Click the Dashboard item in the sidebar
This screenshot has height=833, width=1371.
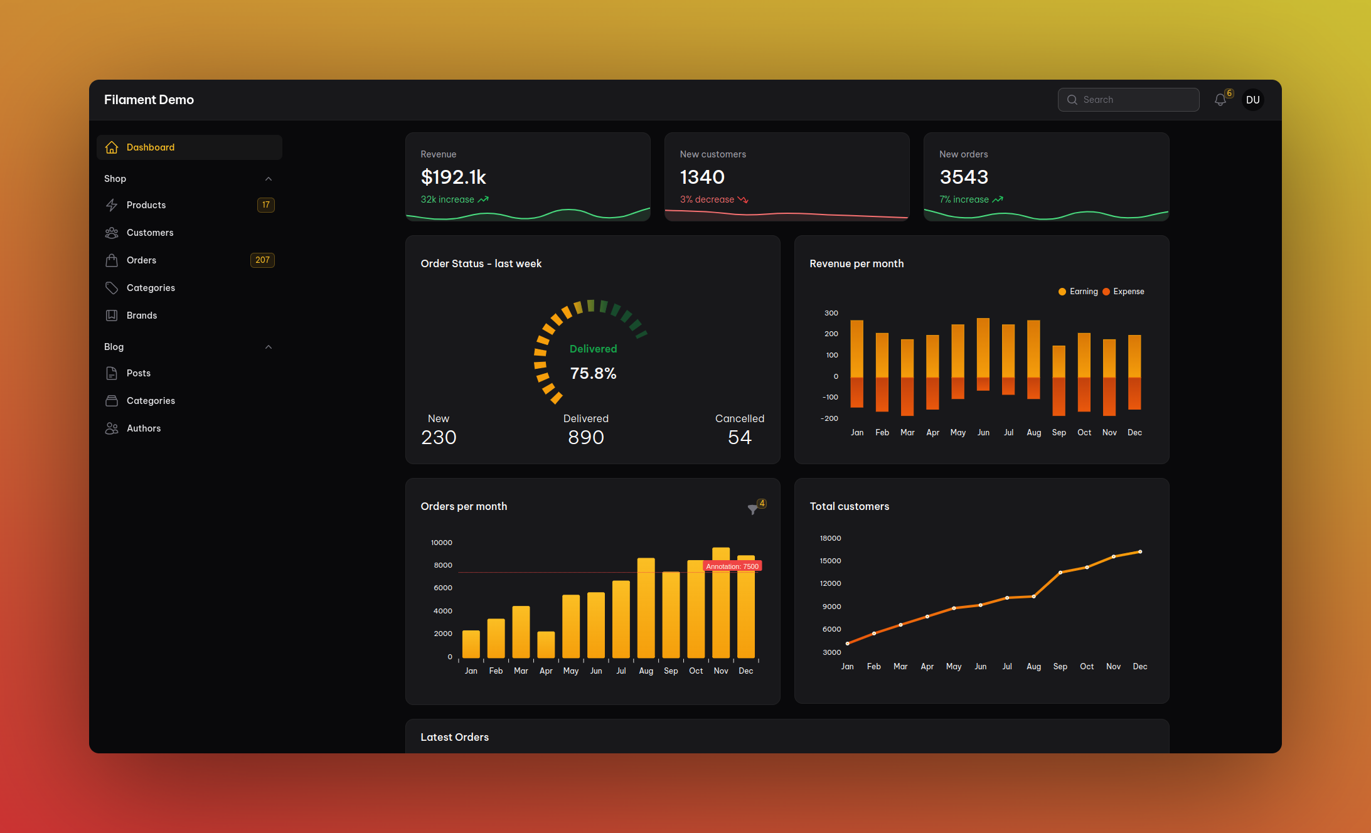tap(151, 147)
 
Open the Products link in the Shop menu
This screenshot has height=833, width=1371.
tap(146, 205)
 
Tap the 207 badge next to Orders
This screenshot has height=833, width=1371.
tap(262, 260)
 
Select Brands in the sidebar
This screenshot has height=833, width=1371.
tap(142, 316)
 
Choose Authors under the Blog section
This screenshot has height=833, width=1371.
tap(144, 428)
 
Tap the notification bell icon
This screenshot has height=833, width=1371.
tap(1220, 100)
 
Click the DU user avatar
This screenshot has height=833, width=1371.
tap(1252, 100)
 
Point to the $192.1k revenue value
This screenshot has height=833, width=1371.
tap(454, 178)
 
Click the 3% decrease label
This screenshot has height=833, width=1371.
tap(707, 199)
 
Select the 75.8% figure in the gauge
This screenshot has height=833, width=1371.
tap(593, 374)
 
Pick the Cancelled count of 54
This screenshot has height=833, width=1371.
tap(739, 437)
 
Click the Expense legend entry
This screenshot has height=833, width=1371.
tap(1128, 292)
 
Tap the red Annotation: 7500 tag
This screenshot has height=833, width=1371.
tap(732, 566)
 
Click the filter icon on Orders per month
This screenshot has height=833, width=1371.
tap(753, 509)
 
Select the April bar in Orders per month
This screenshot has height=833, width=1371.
tap(546, 645)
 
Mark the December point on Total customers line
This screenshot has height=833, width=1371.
tap(1140, 552)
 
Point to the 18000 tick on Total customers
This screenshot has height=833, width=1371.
tap(830, 538)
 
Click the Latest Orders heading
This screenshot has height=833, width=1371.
tap(454, 737)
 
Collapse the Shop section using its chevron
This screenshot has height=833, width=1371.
tap(269, 179)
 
